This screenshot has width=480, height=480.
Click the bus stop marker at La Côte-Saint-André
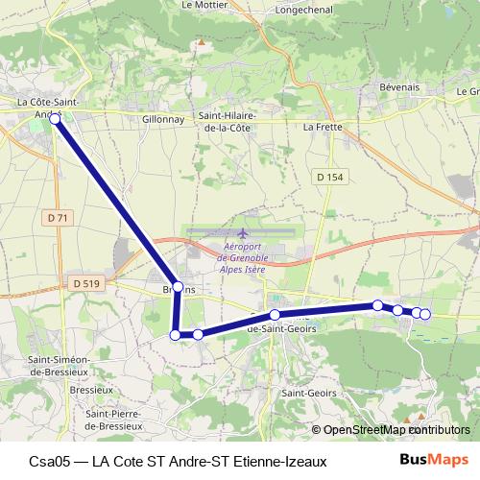55,118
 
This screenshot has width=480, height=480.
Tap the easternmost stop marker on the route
425,314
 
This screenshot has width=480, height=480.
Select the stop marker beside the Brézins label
178,287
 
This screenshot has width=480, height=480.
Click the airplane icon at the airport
242,233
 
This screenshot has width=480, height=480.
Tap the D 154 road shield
328,178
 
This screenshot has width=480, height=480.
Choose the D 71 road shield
58,218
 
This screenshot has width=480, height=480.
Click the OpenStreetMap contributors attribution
390,430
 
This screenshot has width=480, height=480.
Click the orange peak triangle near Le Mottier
202,42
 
